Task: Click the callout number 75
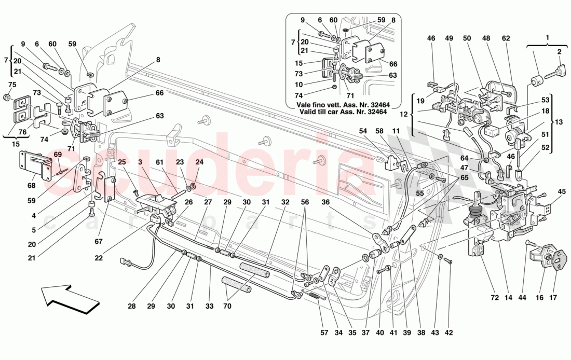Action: pyautogui.click(x=12, y=85)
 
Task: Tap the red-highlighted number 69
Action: pyautogui.click(x=57, y=155)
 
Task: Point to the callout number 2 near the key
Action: pyautogui.click(x=560, y=52)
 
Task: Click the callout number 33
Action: pyautogui.click(x=209, y=307)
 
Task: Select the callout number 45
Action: pyautogui.click(x=561, y=191)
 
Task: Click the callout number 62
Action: pyautogui.click(x=506, y=38)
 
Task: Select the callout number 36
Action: pyautogui.click(x=325, y=203)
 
